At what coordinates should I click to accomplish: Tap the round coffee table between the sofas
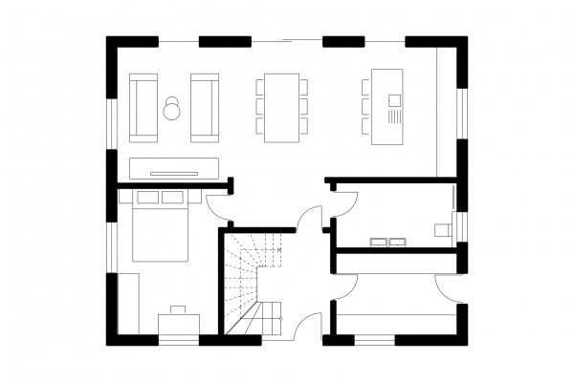[x=173, y=109]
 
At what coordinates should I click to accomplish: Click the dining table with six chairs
[x=282, y=107]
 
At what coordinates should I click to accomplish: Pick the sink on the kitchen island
[x=393, y=98]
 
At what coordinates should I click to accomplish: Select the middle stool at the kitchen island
[x=365, y=106]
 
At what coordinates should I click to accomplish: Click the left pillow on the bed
[x=147, y=198]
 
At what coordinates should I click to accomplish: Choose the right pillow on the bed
[x=172, y=198]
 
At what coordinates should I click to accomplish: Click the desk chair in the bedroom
[x=178, y=309]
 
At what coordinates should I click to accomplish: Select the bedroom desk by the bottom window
[x=178, y=325]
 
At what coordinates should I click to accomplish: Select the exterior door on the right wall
[x=447, y=286]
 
